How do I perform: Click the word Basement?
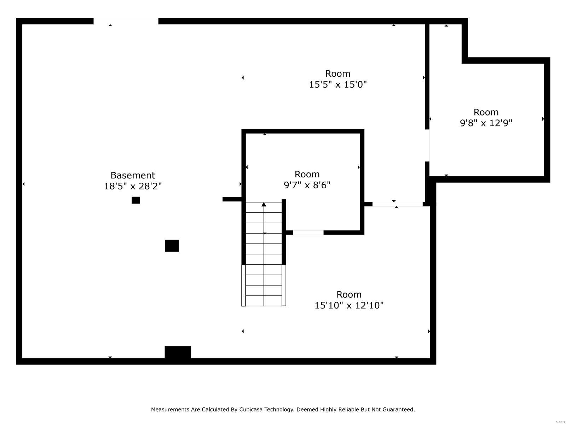(x=133, y=175)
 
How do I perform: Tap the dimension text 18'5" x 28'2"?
(x=133, y=186)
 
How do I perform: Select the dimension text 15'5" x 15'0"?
(x=338, y=84)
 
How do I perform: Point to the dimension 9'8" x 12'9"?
(x=486, y=123)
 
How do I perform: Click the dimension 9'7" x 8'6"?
(x=307, y=185)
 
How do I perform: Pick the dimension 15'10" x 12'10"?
(x=349, y=305)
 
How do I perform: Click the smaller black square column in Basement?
(x=136, y=200)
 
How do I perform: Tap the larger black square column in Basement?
(x=172, y=246)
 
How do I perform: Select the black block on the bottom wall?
(x=178, y=352)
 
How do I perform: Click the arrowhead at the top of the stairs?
(x=264, y=204)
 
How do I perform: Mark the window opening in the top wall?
(x=126, y=21)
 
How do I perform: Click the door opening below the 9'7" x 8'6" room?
(x=308, y=232)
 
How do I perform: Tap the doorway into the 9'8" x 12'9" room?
(x=427, y=146)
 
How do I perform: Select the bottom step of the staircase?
(x=264, y=301)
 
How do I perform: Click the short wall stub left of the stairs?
(x=232, y=199)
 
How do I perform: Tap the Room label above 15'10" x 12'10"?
(x=349, y=294)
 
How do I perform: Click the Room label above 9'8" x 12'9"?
(x=486, y=112)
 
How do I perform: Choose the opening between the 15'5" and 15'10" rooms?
(x=397, y=204)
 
